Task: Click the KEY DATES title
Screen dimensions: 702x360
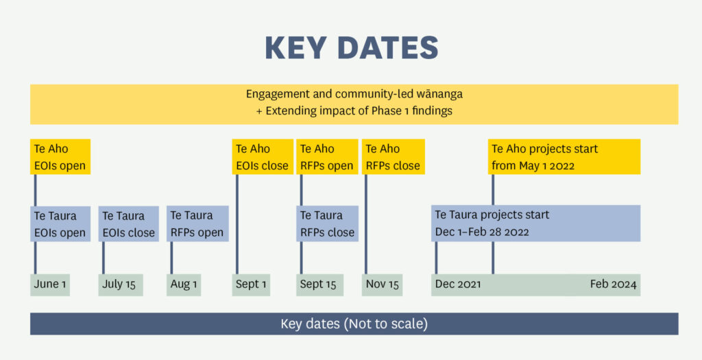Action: pos(352,48)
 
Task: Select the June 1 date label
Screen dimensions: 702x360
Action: pos(50,285)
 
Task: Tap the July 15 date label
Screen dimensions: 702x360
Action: pos(121,285)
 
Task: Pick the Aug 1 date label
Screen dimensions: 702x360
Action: pos(184,285)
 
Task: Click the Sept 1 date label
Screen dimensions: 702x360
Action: pos(251,285)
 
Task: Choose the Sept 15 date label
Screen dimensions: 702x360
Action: pos(319,285)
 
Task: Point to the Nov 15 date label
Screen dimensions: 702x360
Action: pos(382,285)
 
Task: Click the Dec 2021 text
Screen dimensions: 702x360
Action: pos(458,285)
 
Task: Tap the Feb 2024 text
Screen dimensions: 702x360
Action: pos(613,285)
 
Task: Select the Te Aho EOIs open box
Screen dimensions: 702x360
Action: pos(60,157)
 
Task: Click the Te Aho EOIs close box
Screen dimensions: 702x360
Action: pos(263,157)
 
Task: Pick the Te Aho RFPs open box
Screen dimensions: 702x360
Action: pos(327,157)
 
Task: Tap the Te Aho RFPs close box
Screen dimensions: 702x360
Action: pos(393,157)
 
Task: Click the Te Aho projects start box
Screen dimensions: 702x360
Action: pos(564,157)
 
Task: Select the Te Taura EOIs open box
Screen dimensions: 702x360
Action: pos(60,224)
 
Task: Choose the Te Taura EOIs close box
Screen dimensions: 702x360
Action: pos(128,224)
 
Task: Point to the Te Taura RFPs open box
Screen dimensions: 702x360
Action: pos(197,224)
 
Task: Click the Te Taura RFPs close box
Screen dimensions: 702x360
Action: pos(327,224)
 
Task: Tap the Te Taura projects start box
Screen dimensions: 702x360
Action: pos(536,224)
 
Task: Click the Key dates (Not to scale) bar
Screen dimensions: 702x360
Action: pos(354,324)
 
